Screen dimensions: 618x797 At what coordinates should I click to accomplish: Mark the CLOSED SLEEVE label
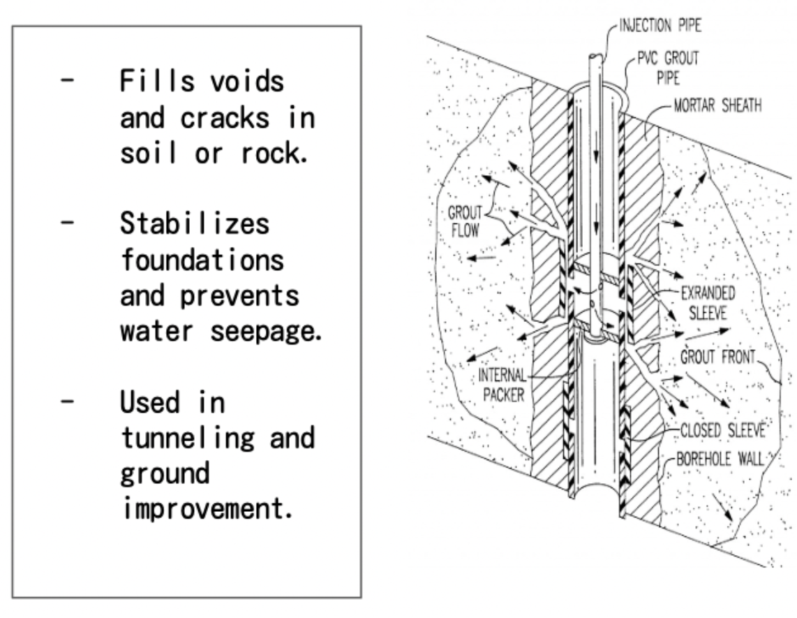[x=717, y=429]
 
